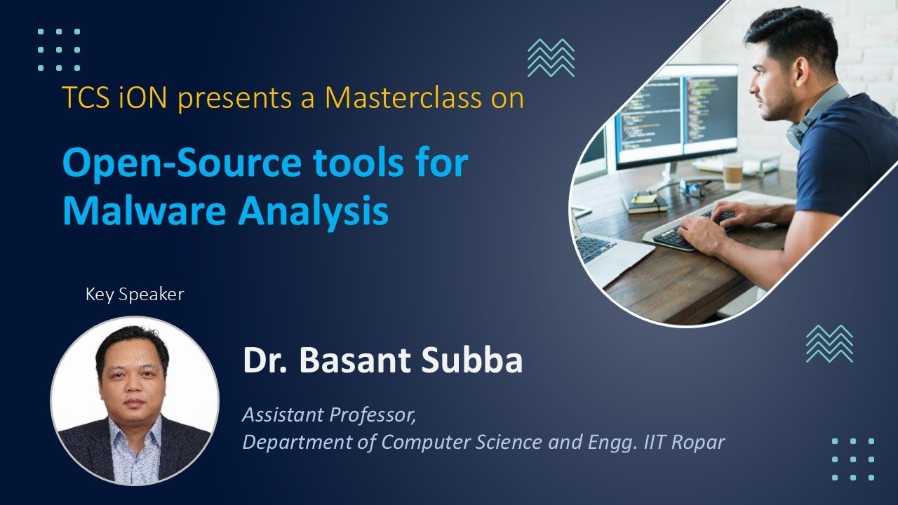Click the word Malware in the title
tap(143, 210)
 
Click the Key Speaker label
tap(135, 295)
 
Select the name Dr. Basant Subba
tap(382, 361)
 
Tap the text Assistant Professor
tap(329, 415)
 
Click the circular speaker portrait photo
tap(135, 400)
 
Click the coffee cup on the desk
tap(732, 171)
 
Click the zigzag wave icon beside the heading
tap(551, 58)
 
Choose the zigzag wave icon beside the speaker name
tap(829, 344)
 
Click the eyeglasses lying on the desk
tap(695, 187)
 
